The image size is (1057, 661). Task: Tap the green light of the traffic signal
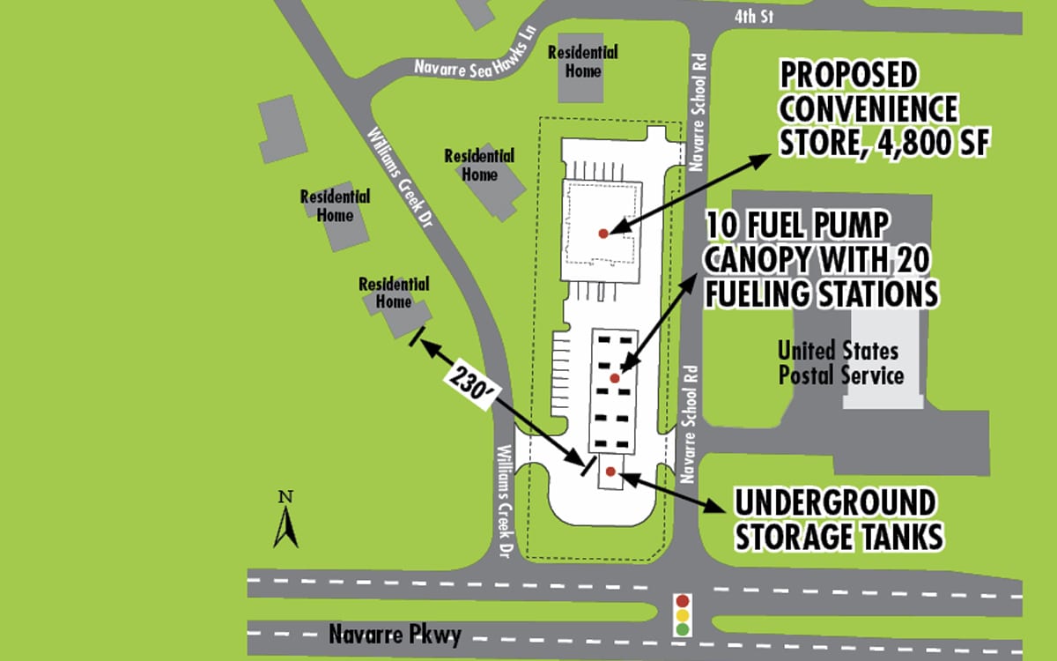(x=682, y=629)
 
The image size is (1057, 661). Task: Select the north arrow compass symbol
(x=285, y=526)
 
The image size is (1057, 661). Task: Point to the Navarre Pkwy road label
(x=395, y=635)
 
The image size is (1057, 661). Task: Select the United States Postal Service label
(x=839, y=363)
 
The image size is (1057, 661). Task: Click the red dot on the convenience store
(x=603, y=234)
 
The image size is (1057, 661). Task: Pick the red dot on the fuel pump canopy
(x=615, y=378)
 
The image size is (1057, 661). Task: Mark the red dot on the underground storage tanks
(x=610, y=472)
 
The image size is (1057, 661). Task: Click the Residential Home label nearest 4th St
(x=582, y=61)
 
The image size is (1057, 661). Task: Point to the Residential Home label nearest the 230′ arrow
(x=394, y=293)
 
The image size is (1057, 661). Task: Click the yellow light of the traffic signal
(x=682, y=615)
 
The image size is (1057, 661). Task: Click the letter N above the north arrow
(x=285, y=496)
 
